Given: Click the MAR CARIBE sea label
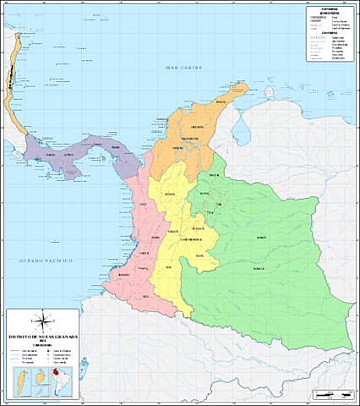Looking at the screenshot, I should tap(186, 67).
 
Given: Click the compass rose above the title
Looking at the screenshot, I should tap(42, 321).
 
